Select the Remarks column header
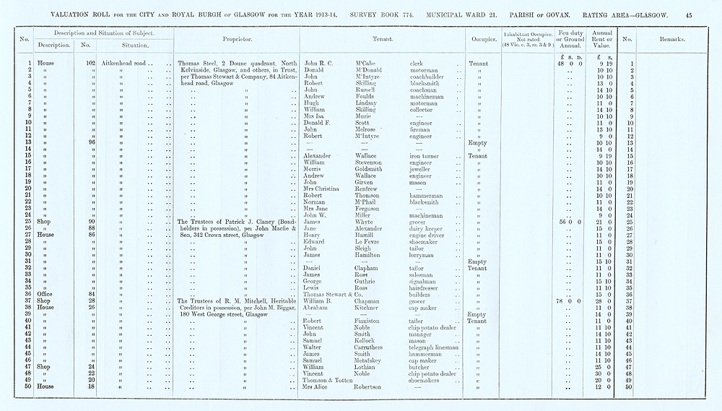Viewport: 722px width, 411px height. pos(671,40)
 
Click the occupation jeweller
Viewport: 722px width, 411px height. pos(420,169)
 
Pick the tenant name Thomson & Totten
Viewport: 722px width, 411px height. pos(329,380)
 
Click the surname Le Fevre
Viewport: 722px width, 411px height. pos(368,241)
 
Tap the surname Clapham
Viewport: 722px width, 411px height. pos(370,268)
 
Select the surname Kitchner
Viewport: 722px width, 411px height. pos(370,307)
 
